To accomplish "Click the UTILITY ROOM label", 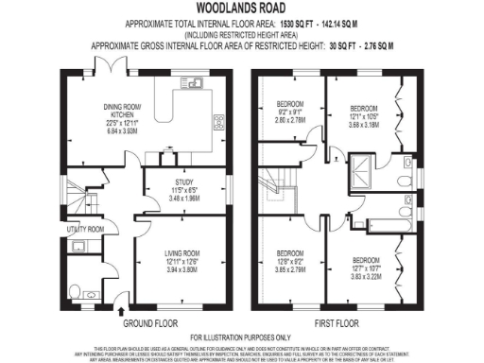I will pos(84,230).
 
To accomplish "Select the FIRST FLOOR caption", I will pos(337,321).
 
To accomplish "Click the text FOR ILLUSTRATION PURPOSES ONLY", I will pos(242,338).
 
